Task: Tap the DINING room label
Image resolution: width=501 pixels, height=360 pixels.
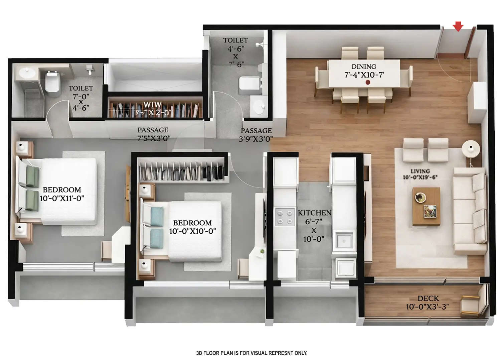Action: tap(364, 67)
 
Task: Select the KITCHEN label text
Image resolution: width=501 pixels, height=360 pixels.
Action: tap(314, 213)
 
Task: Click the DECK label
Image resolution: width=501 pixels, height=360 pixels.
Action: tap(428, 298)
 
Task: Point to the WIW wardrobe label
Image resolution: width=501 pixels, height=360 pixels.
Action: tap(153, 105)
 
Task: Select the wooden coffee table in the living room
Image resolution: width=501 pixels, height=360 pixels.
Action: tap(426, 206)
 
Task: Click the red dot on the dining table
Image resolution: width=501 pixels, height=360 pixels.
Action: tap(368, 82)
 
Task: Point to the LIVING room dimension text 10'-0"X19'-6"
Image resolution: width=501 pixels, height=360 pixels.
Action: tap(420, 177)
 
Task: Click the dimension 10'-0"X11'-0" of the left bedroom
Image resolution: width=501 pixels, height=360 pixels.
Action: tap(62, 198)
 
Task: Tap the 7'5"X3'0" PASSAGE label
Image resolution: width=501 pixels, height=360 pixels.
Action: tap(154, 138)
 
